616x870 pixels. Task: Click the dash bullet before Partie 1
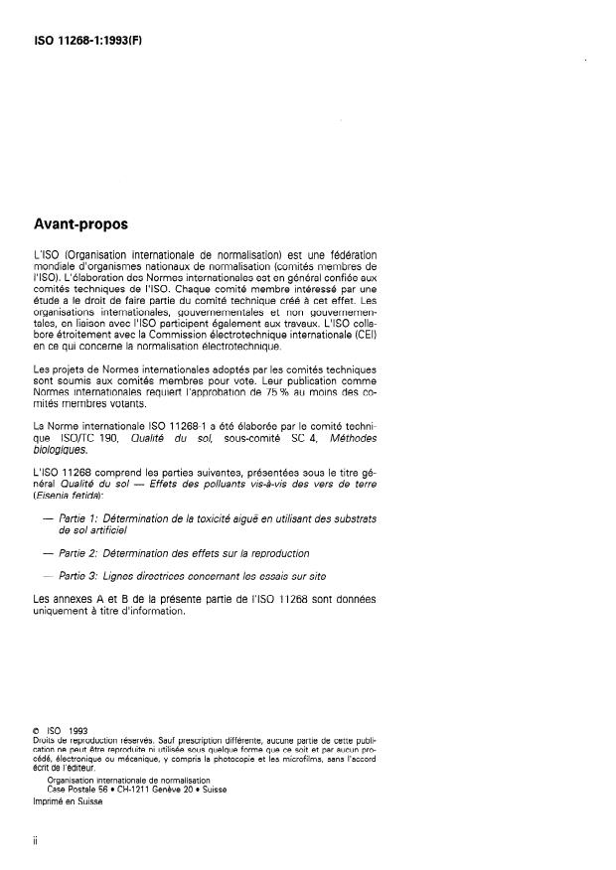click(46, 519)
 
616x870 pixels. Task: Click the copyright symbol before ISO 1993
click(37, 731)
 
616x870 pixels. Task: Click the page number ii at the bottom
click(36, 839)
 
